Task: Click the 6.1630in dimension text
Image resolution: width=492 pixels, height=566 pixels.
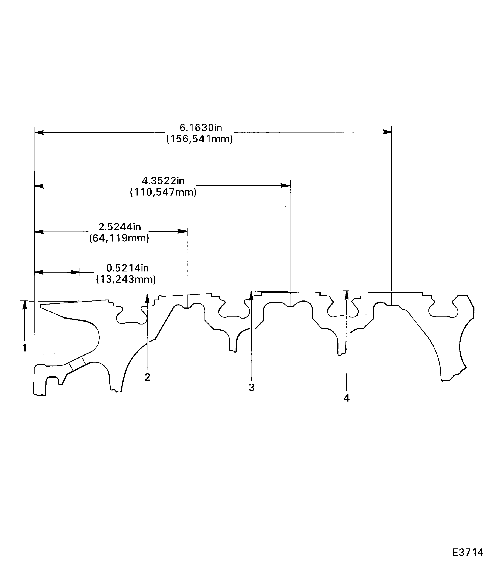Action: pos(201,128)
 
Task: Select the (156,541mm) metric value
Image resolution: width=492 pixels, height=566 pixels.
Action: pos(200,139)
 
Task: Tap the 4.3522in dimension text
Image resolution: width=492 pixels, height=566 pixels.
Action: pos(163,181)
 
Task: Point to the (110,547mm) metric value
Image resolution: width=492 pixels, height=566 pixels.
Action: pos(163,192)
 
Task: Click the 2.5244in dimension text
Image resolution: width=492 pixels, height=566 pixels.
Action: pos(120,227)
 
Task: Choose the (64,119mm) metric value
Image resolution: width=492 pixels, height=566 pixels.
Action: pos(119,238)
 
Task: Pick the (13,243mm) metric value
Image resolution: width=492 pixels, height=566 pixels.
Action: pos(126,279)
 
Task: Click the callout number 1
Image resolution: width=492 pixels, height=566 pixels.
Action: pos(24,348)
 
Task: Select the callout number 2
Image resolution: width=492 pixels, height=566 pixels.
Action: pos(148,377)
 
